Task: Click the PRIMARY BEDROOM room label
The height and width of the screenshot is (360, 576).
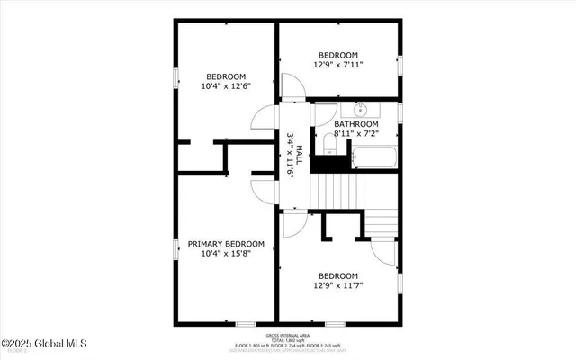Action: [x=226, y=244]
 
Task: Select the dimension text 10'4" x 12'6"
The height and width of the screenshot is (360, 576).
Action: [x=226, y=86]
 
